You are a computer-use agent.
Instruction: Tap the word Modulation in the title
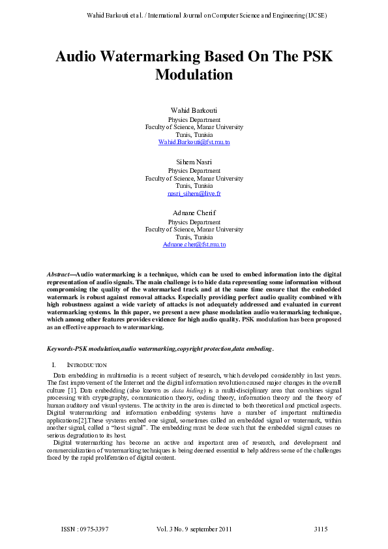(x=194, y=74)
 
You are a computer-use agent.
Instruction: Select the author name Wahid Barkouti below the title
(x=194, y=110)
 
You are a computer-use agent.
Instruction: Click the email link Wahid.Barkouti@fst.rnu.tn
(x=194, y=141)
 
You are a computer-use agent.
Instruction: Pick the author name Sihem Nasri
(x=194, y=162)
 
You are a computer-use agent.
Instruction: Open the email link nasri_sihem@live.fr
(x=194, y=194)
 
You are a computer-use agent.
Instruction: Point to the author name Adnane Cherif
(x=194, y=213)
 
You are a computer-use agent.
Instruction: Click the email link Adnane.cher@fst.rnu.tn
(x=194, y=245)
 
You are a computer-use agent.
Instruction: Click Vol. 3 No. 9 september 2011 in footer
(x=194, y=528)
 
